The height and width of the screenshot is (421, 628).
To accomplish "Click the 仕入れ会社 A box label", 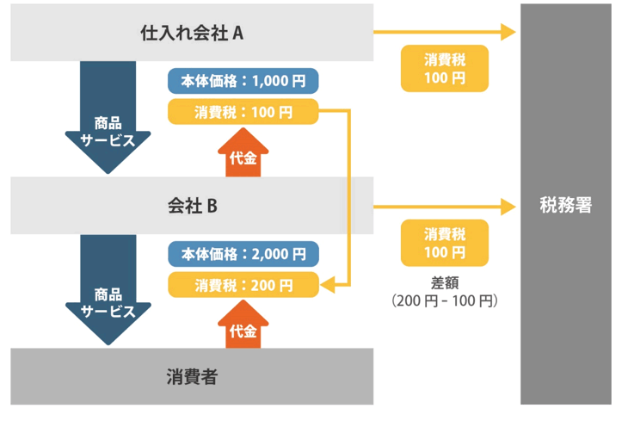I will pyautogui.click(x=193, y=34).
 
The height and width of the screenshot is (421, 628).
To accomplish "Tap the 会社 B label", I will pyautogui.click(x=192, y=206).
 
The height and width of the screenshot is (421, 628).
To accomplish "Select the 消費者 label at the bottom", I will pyautogui.click(x=192, y=376).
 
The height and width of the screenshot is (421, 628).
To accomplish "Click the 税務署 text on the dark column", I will pyautogui.click(x=565, y=206).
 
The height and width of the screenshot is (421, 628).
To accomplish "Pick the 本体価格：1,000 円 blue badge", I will pyautogui.click(x=243, y=82).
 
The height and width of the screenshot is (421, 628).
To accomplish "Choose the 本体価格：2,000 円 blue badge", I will pyautogui.click(x=243, y=254).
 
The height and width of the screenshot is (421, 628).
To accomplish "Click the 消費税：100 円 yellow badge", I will pyautogui.click(x=243, y=112).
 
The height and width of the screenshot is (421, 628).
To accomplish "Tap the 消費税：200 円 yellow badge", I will pyautogui.click(x=243, y=284).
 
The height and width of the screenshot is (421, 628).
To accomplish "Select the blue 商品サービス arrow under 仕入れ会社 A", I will pyautogui.click(x=108, y=116).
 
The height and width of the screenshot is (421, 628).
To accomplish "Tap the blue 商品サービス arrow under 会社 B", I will pyautogui.click(x=108, y=288).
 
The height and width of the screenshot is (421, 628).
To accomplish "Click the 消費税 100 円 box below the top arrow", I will pyautogui.click(x=445, y=69).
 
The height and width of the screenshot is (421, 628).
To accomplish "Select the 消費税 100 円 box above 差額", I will pyautogui.click(x=445, y=243).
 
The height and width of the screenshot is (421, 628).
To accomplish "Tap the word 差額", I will pyautogui.click(x=445, y=282).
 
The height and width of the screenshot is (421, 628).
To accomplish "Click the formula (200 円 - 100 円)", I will pyautogui.click(x=445, y=301).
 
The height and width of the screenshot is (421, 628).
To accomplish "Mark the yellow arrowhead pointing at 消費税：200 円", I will pyautogui.click(x=328, y=284).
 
